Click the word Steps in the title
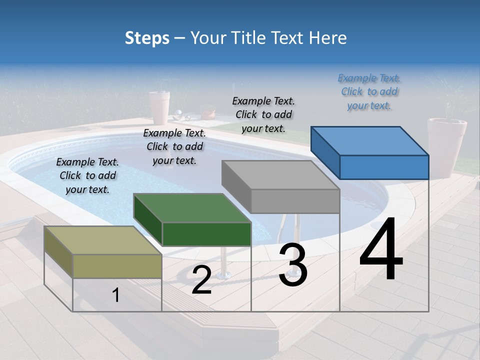pyautogui.click(x=147, y=38)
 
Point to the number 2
pyautogui.click(x=201, y=280)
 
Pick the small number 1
pyautogui.click(x=115, y=295)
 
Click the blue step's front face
pyautogui.click(x=384, y=167)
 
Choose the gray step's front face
pyautogui.click(x=295, y=201)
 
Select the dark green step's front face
pyautogui.click(x=206, y=234)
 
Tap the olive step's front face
pyautogui.click(x=117, y=266)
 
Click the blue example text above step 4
pyautogui.click(x=369, y=92)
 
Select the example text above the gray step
pyautogui.click(x=263, y=114)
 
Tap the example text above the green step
pyautogui.click(x=174, y=146)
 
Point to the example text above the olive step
pyautogui.click(x=87, y=175)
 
